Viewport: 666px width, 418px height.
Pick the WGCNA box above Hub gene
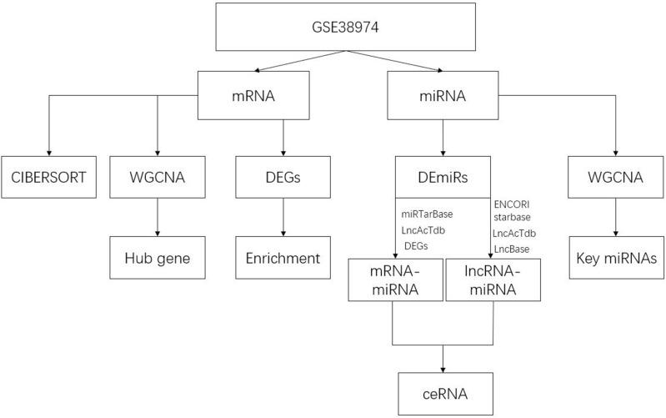[x=156, y=178]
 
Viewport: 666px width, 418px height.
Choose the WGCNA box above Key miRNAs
[x=616, y=178]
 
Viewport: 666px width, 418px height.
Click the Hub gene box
[x=156, y=258]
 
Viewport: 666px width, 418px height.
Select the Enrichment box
[x=283, y=258]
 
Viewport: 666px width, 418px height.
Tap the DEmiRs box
[x=442, y=178]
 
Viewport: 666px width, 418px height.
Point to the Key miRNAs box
[x=616, y=258]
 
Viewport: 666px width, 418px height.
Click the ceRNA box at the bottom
[x=442, y=391]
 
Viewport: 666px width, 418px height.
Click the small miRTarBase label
[x=428, y=214]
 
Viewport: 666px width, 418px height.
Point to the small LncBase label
[x=510, y=248]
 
